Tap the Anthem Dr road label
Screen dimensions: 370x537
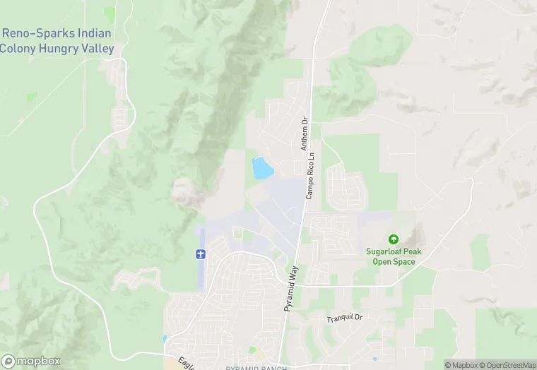(x=305, y=133)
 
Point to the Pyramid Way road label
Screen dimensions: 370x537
(x=291, y=288)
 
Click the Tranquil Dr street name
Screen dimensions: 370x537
(x=344, y=319)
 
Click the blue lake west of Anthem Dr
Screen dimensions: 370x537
(x=262, y=168)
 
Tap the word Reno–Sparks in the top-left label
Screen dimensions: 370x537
(x=33, y=33)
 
